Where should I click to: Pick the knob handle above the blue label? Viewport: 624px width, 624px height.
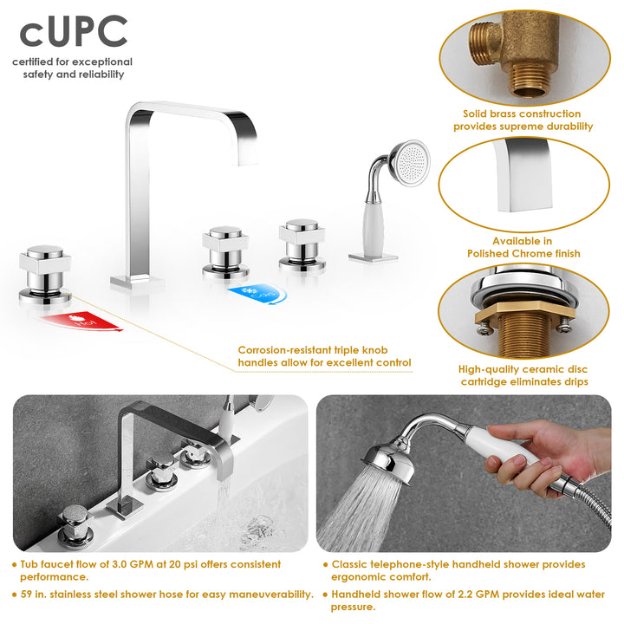[226, 247]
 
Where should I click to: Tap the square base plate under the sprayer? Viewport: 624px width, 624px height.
[373, 256]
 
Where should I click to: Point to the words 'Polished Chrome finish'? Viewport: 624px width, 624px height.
[523, 254]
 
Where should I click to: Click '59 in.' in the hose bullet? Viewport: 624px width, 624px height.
[35, 595]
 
